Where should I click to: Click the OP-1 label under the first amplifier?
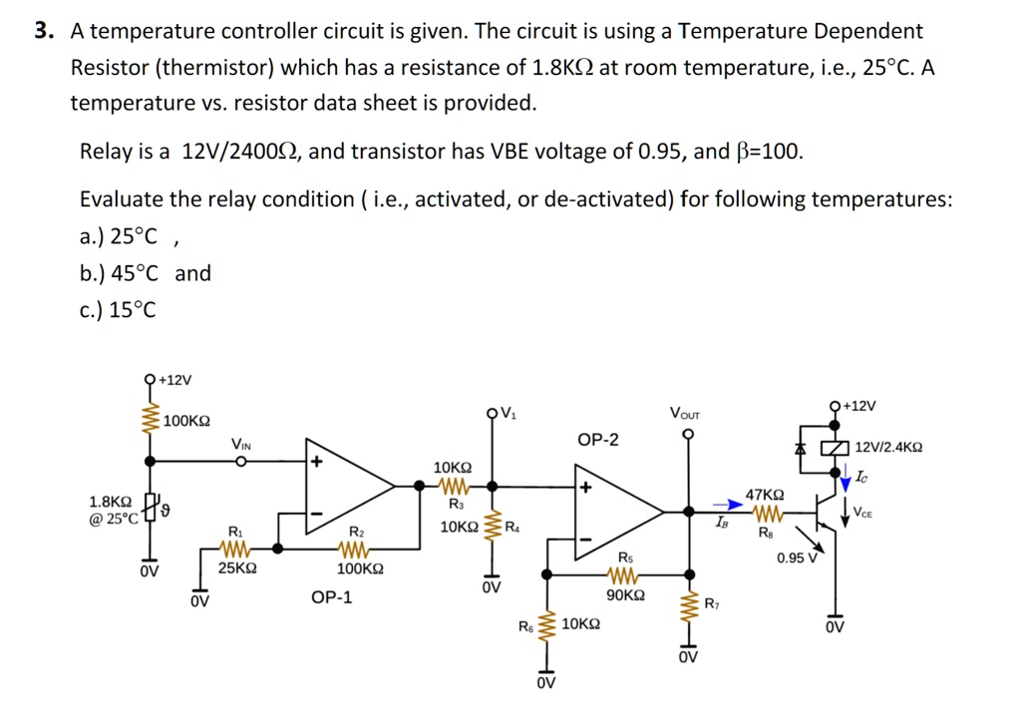(331, 598)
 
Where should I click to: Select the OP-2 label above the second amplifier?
(597, 440)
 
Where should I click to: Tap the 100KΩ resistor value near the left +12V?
(186, 421)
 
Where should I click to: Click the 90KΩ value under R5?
(625, 595)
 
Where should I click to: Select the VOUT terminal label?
(685, 414)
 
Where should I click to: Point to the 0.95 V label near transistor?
(797, 557)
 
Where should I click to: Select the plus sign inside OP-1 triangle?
(317, 463)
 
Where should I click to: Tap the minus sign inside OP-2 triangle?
(586, 539)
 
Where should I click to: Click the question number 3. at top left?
(42, 31)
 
